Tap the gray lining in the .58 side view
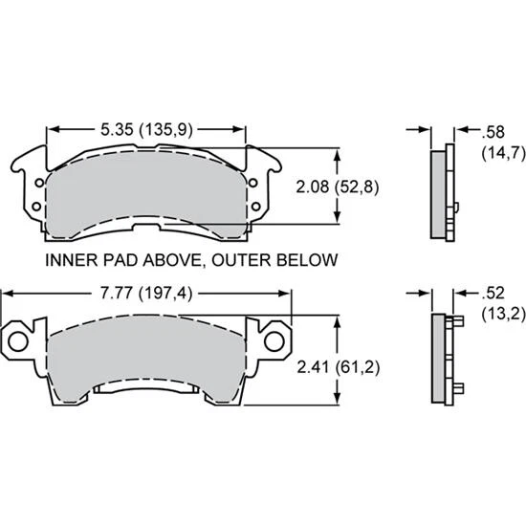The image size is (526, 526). pos(437,191)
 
